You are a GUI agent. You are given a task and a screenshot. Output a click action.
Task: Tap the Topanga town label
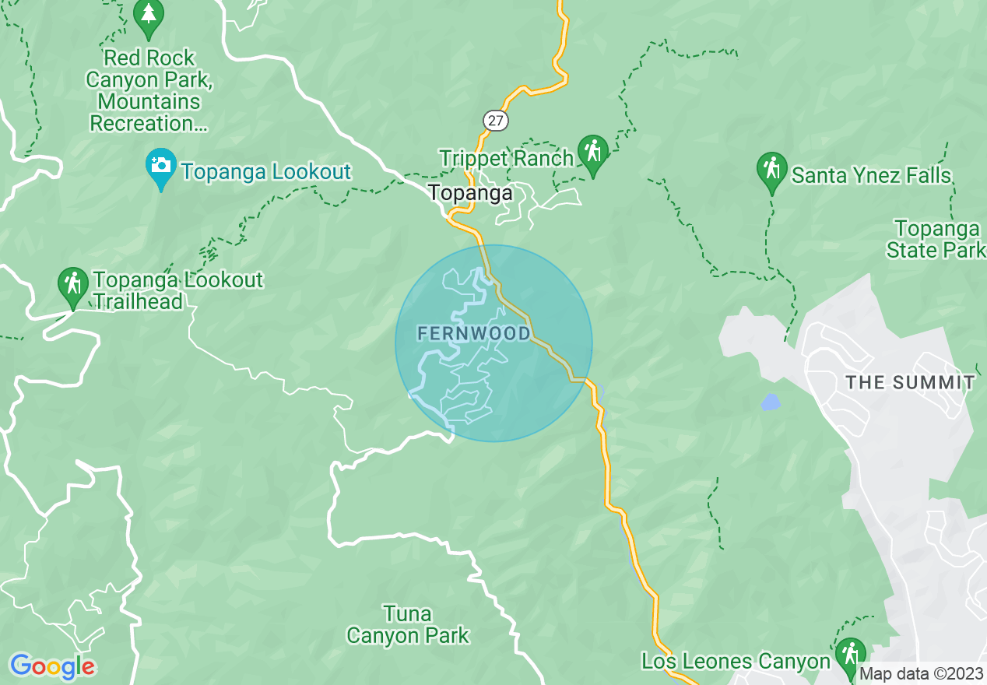471,193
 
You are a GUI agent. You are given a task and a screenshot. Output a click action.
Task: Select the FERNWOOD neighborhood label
474,334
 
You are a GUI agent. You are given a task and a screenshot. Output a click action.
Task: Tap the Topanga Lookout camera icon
161,167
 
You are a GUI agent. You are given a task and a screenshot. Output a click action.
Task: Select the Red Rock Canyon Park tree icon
148,16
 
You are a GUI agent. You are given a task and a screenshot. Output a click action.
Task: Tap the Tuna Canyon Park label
408,625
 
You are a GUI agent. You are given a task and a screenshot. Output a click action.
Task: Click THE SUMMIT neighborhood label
910,382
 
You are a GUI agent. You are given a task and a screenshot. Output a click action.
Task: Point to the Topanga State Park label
936,240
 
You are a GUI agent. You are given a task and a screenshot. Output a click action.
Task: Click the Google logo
52,666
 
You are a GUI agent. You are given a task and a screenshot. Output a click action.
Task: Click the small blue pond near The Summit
770,402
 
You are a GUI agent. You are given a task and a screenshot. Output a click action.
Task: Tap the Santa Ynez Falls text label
871,176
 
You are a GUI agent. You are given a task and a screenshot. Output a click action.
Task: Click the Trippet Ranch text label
506,158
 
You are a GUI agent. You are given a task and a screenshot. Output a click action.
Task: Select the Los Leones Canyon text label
736,662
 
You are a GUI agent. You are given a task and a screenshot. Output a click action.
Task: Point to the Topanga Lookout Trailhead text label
178,290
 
